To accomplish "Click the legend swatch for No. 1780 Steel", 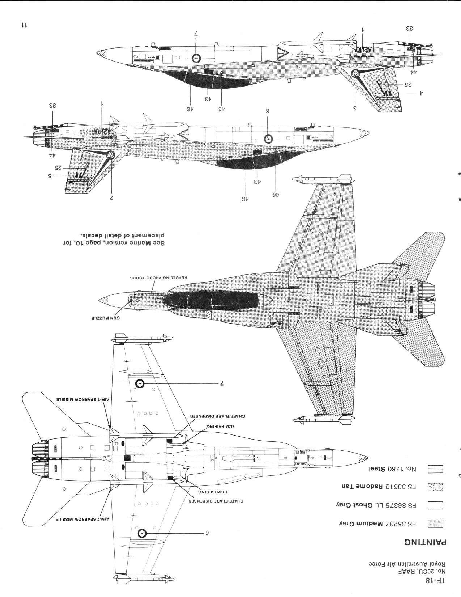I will [x=435, y=469].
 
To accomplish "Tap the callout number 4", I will [x=421, y=93].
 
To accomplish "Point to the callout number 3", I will [x=355, y=108].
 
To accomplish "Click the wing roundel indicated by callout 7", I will [x=140, y=384].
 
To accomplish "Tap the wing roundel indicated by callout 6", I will [x=142, y=533].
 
